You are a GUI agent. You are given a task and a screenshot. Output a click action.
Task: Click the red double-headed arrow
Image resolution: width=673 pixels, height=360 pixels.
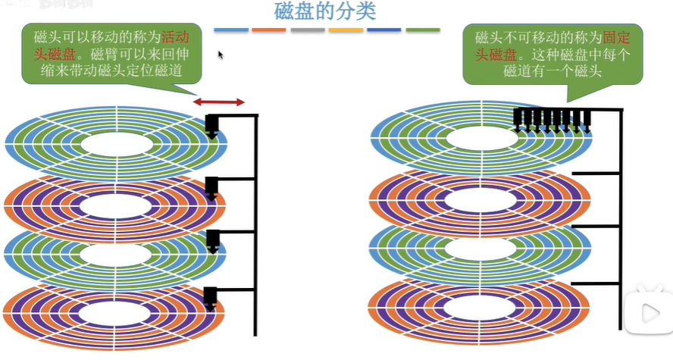pyautogui.click(x=218, y=102)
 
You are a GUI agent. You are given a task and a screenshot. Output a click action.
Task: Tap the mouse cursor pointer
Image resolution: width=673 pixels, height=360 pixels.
pyautogui.click(x=221, y=55)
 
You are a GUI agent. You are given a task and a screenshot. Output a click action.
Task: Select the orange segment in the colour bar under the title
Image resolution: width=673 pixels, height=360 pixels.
pyautogui.click(x=268, y=30)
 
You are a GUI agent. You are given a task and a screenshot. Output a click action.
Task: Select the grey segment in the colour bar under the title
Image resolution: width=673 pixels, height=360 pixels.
pyautogui.click(x=307, y=30)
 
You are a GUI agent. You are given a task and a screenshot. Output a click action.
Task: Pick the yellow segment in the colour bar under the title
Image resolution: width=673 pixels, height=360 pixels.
pyautogui.click(x=346, y=30)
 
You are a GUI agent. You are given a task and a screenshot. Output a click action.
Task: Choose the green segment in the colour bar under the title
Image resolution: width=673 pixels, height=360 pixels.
pyautogui.click(x=423, y=30)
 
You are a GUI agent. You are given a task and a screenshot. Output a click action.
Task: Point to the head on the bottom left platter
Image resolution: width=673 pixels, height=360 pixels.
pyautogui.click(x=211, y=298)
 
